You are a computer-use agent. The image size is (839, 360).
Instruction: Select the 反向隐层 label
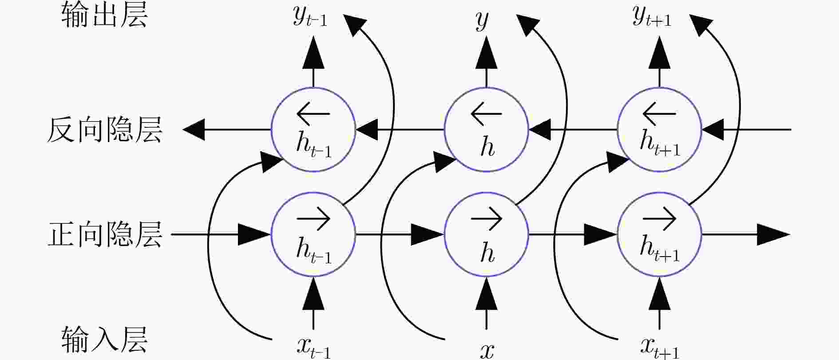[105, 130]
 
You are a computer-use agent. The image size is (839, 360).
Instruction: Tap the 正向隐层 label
[105, 234]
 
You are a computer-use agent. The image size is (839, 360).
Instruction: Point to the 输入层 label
[105, 340]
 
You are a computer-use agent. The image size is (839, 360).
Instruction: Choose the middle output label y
[482, 20]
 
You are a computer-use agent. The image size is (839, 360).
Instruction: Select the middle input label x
[487, 351]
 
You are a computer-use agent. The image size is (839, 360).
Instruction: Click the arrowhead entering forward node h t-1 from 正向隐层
[254, 234]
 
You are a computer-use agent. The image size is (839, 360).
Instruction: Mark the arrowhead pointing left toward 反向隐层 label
[194, 130]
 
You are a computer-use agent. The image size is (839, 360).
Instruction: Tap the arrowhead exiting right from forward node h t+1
[773, 234]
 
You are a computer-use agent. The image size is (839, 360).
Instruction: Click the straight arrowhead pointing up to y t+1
[659, 52]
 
